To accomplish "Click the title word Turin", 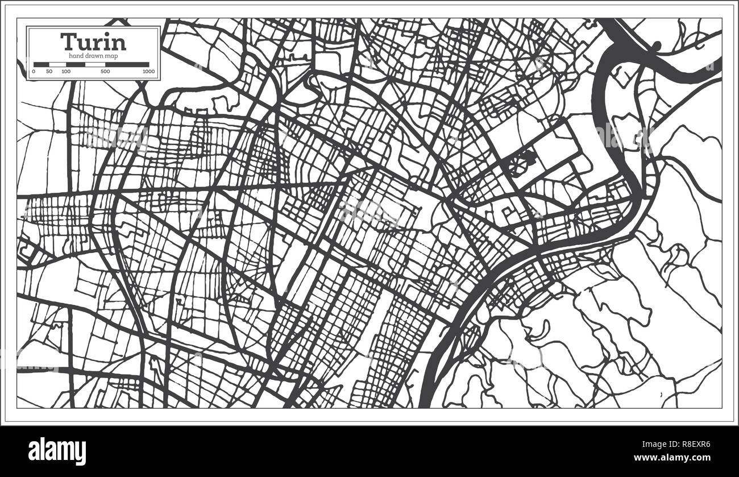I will (93, 42).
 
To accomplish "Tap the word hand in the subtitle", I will (76, 55).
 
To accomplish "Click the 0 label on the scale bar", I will (34, 72).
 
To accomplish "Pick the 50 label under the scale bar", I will (49, 72).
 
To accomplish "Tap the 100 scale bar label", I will (66, 72).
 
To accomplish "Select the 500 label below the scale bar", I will (105, 72).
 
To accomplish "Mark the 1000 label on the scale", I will (148, 72).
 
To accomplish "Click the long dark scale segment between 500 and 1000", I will (127, 64).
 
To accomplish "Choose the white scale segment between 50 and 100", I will (58, 64).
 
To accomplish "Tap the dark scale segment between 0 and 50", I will (41, 64).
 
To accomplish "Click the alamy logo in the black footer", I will (57, 451).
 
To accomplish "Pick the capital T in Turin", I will (68, 42).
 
